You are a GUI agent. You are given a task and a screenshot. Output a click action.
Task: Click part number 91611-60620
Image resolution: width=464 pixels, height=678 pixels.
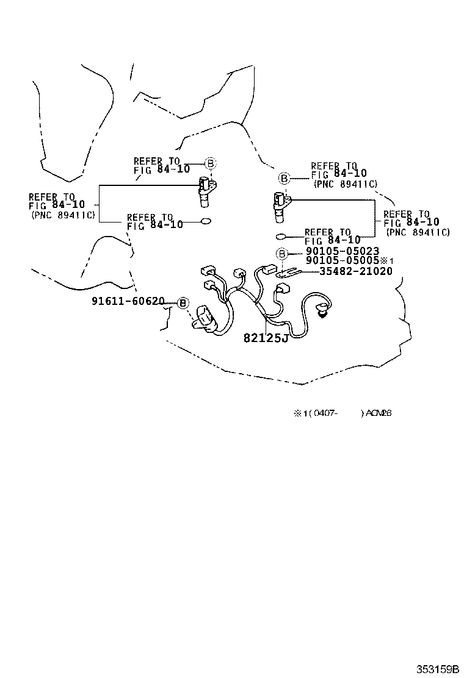[128, 301]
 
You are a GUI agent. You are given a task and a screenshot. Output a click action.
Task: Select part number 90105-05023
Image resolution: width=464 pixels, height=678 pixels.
[342, 251]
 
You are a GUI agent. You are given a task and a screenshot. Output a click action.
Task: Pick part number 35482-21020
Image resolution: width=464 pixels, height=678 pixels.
[356, 271]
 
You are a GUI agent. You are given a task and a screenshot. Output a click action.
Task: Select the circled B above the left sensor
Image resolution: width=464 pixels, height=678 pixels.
[209, 163]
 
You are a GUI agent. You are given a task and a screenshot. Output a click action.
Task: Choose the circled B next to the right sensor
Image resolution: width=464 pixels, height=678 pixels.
[284, 178]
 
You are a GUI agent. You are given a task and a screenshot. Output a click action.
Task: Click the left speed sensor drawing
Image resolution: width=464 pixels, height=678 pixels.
[205, 191]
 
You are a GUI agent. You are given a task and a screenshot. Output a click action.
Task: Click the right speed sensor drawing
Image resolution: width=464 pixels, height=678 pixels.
[281, 206]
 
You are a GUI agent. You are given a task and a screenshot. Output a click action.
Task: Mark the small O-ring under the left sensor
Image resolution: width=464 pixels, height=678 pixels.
[206, 221]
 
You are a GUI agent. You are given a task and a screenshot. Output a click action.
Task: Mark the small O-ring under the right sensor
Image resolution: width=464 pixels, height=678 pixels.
[281, 237]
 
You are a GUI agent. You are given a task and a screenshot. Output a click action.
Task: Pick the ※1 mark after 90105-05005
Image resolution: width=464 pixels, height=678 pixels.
[384, 261]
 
